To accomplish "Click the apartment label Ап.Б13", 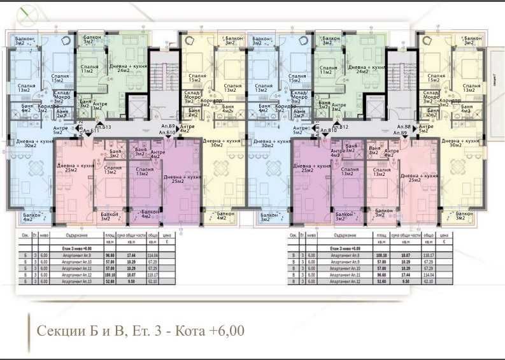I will [x=103, y=128].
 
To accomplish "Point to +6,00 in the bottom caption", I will [x=221, y=331].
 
